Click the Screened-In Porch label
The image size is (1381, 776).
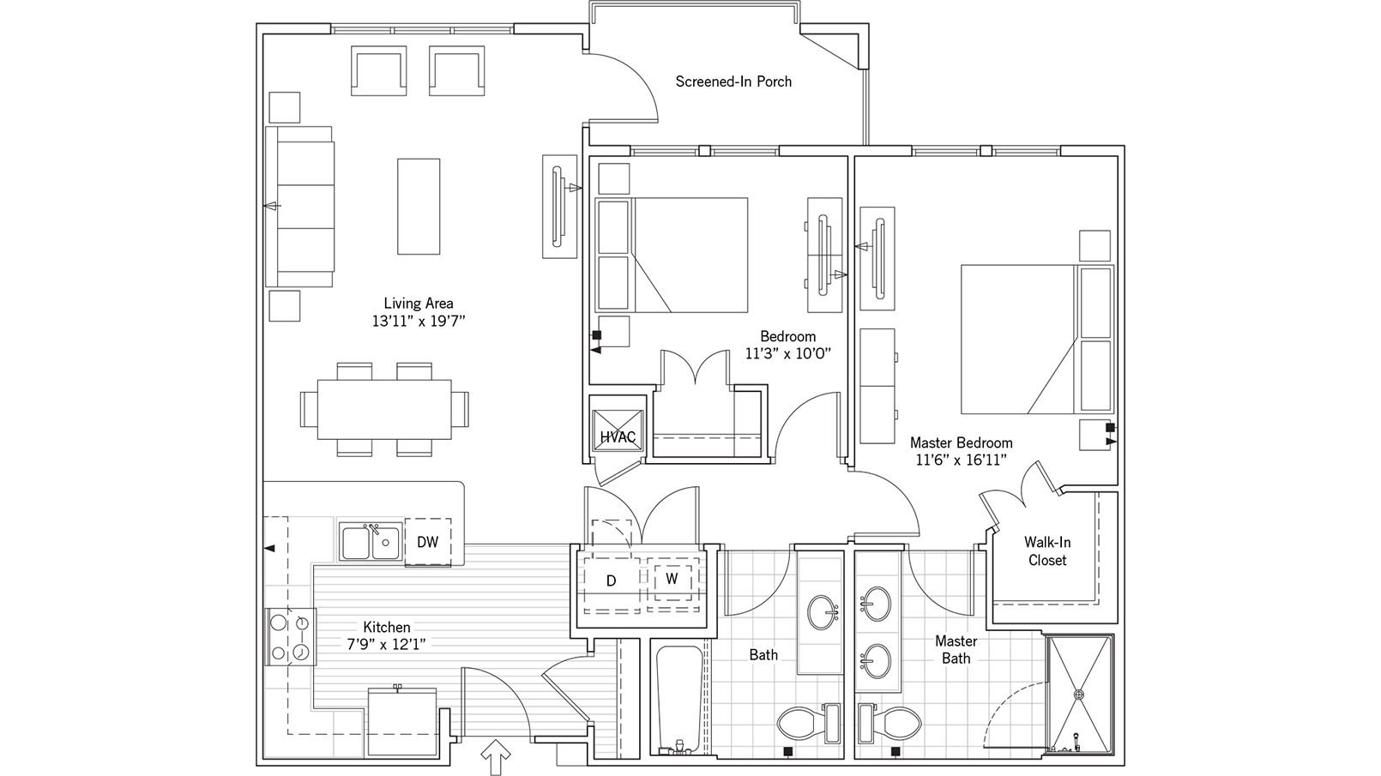(733, 81)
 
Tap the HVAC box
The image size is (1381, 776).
(617, 437)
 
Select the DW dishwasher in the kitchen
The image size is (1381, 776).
(428, 542)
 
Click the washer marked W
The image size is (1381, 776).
(672, 579)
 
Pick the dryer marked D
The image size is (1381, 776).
(612, 580)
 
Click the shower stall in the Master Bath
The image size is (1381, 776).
(1078, 695)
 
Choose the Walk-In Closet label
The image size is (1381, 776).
(1046, 550)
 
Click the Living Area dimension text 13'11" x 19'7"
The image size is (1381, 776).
(418, 322)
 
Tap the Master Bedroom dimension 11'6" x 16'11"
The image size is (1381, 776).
(961, 460)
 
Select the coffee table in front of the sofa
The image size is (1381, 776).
(419, 206)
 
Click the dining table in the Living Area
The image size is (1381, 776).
(384, 409)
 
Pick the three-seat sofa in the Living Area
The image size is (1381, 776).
(300, 206)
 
